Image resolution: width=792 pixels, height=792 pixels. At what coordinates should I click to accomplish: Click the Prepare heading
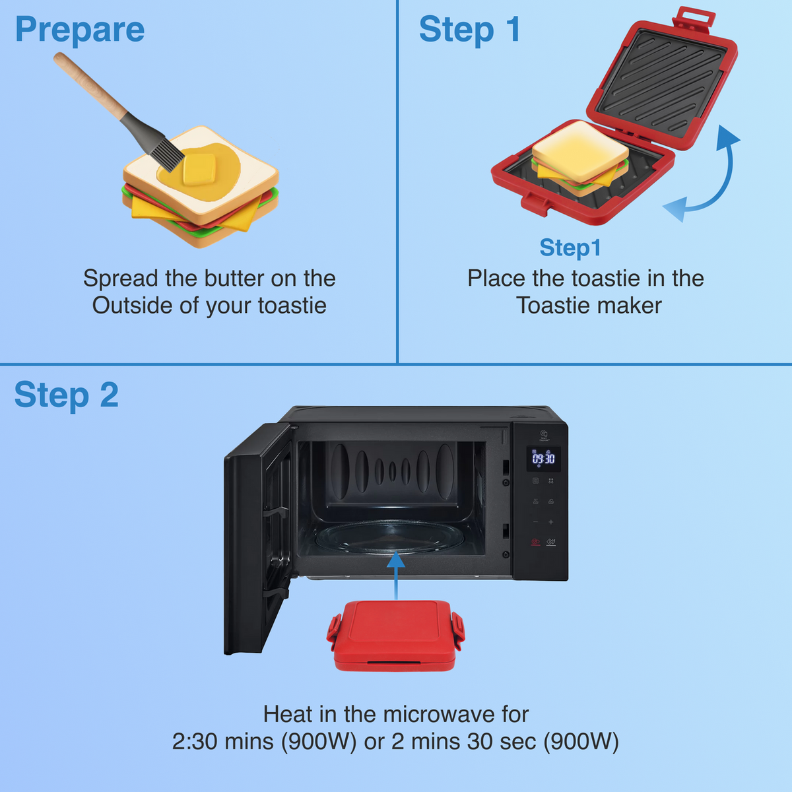[x=80, y=30]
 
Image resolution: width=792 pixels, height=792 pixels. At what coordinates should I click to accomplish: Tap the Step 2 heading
[x=66, y=395]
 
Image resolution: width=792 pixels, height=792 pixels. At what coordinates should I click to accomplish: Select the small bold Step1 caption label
[x=570, y=247]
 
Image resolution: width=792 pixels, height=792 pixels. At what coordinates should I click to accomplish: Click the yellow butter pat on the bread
[x=199, y=169]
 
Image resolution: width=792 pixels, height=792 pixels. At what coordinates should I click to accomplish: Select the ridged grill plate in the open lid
[x=661, y=82]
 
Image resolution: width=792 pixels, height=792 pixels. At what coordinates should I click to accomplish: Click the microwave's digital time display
[x=543, y=459]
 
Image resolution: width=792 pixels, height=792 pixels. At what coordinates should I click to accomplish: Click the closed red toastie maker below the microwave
[x=396, y=635]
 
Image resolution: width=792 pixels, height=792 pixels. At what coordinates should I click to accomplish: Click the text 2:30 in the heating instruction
[x=195, y=741]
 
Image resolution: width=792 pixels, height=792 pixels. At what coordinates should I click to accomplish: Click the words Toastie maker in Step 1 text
[x=589, y=306]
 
